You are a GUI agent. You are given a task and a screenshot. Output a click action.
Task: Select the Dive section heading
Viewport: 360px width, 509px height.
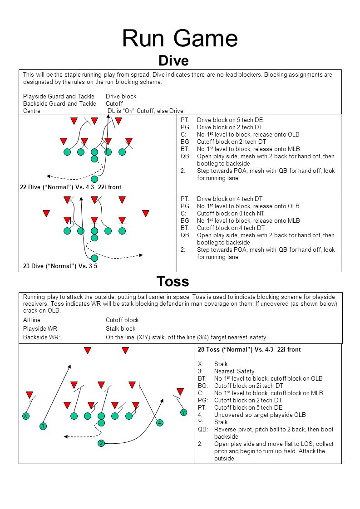click(x=173, y=60)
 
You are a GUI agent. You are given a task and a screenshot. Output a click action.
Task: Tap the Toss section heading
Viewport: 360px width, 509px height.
click(x=173, y=282)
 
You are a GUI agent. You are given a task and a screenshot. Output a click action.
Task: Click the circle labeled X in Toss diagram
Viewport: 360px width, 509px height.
click(x=26, y=416)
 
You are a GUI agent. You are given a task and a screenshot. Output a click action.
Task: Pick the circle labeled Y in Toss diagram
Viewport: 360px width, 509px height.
click(x=183, y=413)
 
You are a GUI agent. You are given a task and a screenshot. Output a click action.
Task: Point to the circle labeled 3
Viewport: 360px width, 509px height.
click(x=43, y=426)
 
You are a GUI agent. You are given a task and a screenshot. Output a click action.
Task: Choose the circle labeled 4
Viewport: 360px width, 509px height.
click(x=159, y=423)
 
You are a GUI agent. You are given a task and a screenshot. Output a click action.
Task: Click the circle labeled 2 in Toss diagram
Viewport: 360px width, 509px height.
click(x=101, y=443)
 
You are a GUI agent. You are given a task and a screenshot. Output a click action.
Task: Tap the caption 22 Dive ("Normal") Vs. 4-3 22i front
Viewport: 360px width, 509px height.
click(x=70, y=187)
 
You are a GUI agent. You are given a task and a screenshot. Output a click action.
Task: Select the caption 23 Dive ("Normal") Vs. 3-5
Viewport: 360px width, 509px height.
click(x=60, y=266)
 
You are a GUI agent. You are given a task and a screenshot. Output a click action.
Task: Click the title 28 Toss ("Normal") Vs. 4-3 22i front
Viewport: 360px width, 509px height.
click(x=249, y=350)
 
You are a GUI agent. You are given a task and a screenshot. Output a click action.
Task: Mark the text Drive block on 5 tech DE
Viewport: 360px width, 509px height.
click(x=230, y=120)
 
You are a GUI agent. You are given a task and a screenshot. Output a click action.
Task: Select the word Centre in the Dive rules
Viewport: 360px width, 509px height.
click(x=32, y=111)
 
